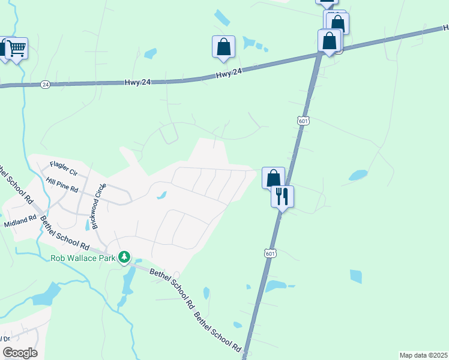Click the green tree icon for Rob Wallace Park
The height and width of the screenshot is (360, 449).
coord(124,257)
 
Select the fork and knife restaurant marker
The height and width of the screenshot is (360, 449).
coord(282,196)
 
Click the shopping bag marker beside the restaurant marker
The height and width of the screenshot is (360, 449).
coord(273,178)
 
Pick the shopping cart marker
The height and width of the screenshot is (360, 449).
coord(16,49)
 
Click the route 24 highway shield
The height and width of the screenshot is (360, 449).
coord(46,85)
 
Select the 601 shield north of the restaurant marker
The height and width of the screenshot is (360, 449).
coord(303,121)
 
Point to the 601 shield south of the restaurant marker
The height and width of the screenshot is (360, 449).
coord(271,254)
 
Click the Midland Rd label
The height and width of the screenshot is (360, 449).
coord(20,223)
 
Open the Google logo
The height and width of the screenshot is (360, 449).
coord(20,353)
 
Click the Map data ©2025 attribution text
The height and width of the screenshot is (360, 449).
coord(423,355)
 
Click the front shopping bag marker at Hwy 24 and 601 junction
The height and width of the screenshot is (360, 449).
coord(330,41)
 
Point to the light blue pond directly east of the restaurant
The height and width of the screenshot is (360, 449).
coord(358,175)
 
